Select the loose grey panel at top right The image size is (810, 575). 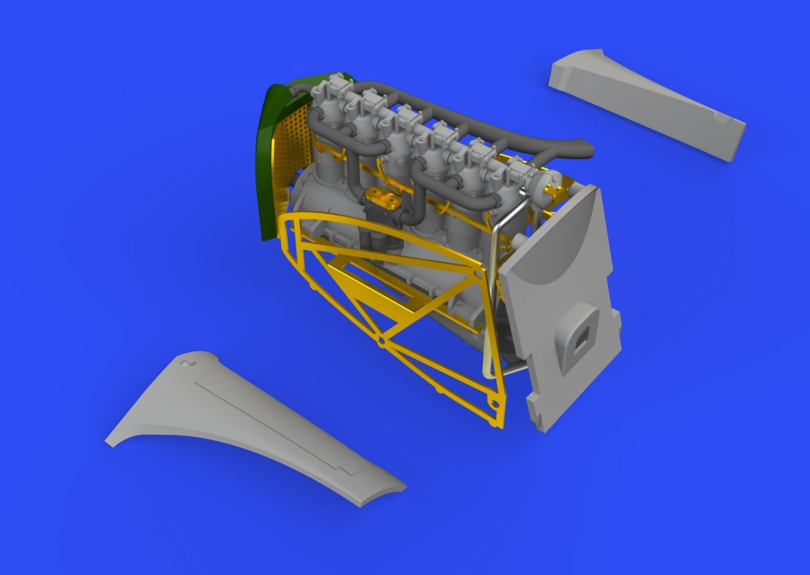click(x=648, y=103)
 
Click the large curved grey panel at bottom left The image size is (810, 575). click(x=249, y=430)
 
